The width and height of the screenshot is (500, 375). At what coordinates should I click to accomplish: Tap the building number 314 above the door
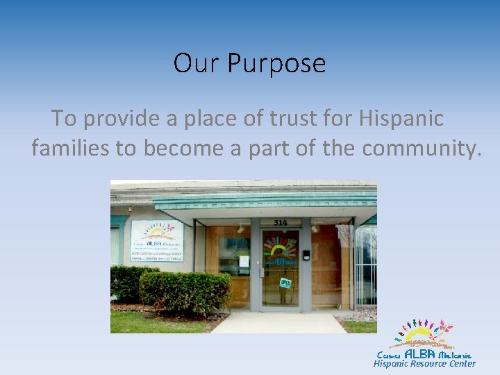point(281,222)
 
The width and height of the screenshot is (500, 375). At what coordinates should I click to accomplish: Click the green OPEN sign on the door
point(285,283)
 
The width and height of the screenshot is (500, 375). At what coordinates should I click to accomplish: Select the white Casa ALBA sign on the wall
point(157,240)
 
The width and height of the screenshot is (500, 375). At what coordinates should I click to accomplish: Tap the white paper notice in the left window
point(244,262)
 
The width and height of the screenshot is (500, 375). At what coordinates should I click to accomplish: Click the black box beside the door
point(306,255)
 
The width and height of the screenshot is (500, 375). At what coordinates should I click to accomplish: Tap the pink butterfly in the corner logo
point(445,326)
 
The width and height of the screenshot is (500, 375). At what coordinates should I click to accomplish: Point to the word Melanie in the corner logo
point(455,355)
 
